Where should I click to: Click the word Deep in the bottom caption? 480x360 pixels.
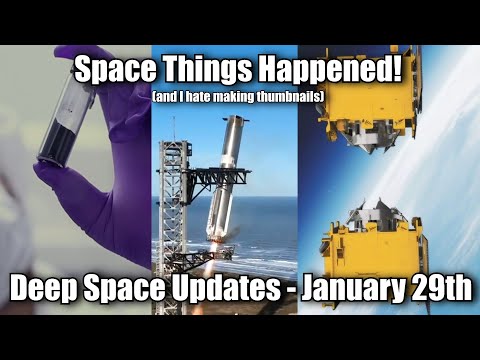click(46, 290)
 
